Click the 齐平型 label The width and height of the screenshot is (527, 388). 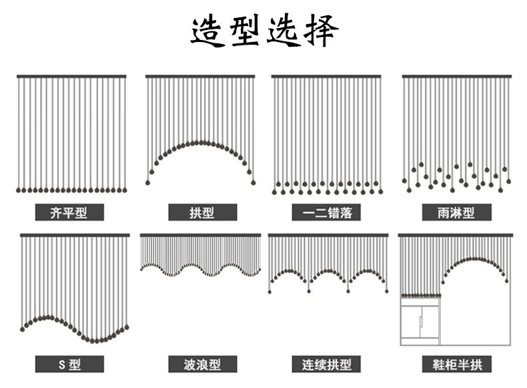click(69, 212)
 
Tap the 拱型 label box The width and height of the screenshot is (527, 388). click(202, 212)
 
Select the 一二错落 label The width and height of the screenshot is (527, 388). click(326, 212)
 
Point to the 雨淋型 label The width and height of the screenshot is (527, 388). click(456, 212)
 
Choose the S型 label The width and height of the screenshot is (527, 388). click(69, 364)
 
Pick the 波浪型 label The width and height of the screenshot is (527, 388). click(202, 364)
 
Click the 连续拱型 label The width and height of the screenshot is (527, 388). click(326, 364)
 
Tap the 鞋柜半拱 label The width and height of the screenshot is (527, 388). click(456, 364)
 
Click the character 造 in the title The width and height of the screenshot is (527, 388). click(208, 31)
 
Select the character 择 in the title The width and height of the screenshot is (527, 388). click(321, 31)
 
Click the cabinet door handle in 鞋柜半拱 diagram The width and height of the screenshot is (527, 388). click(420, 321)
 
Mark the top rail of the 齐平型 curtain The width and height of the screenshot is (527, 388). click(71, 77)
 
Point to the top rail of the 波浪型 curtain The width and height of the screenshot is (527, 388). click(200, 235)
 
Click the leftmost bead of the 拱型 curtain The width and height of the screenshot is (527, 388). click(147, 183)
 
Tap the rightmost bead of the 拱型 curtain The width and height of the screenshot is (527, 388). click(253, 183)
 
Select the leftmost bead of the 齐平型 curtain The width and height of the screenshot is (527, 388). click(19, 190)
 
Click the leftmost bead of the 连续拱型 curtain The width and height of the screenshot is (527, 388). click(270, 292)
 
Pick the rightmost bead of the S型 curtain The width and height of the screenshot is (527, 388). click(127, 327)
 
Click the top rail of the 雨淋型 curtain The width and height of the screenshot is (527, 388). click(457, 77)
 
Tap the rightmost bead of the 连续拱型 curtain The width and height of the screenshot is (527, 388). click(387, 291)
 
